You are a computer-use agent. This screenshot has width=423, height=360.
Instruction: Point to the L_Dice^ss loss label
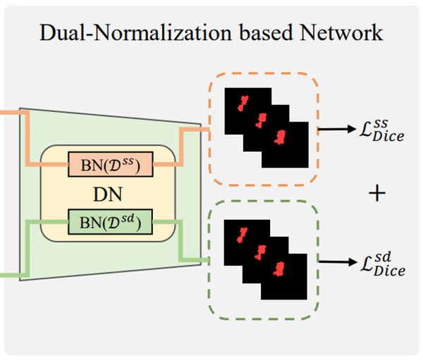click(x=381, y=130)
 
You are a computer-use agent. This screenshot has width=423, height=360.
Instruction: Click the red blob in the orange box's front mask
click(x=280, y=135)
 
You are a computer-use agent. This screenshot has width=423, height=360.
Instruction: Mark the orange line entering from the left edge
click(x=11, y=111)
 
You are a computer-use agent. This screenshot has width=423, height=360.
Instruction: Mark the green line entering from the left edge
click(x=11, y=275)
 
